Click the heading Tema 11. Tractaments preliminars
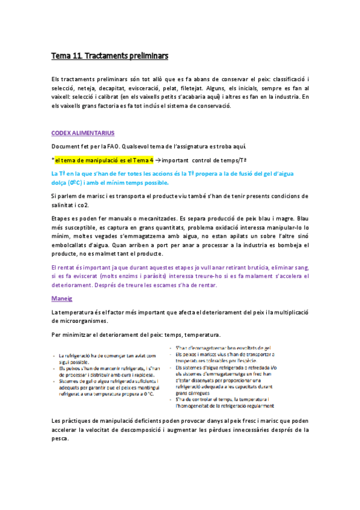[x=109, y=56]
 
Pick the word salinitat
[x=65, y=205]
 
